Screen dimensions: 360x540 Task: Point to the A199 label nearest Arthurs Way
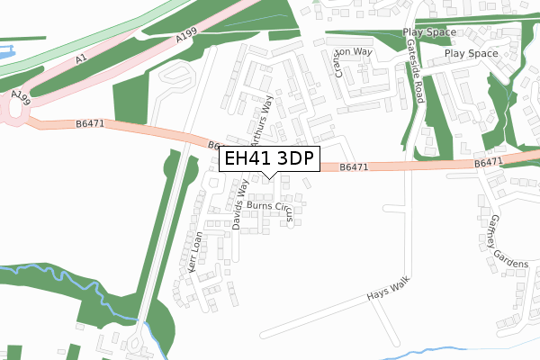186,36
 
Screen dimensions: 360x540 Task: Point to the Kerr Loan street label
195,254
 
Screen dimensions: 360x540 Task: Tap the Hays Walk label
388,289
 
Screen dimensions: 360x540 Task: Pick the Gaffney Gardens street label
509,240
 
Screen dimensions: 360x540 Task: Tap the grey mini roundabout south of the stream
134,346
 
